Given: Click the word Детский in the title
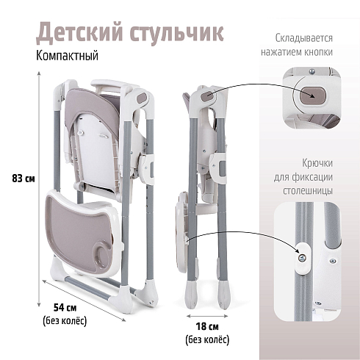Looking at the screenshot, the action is pos(79,33).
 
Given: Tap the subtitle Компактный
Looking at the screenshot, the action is pos(67,56).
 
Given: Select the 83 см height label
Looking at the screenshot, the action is pos(24,179).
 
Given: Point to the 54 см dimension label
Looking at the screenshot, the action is pos(65,307).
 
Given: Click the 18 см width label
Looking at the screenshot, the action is pos(207,326).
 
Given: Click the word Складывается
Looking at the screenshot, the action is pos(303,38).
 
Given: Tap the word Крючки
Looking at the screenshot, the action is pos(317,163).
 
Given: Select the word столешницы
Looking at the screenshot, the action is pos(308,190).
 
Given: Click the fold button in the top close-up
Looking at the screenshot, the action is pos(313,96).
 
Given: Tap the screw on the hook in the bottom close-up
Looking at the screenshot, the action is pos(302,257).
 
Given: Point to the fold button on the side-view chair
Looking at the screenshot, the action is pos(208,96).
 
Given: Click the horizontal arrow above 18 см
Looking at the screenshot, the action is pos(207,316).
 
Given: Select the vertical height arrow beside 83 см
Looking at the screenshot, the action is pos(39,189).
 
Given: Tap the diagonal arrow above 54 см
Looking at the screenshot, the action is pos(84,300).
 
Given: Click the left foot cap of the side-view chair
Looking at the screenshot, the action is pos(191,295).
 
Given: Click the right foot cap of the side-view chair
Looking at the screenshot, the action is pos(223,295).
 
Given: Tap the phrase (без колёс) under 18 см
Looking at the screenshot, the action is pos(207,340).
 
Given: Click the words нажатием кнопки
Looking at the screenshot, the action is pos(297,52).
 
